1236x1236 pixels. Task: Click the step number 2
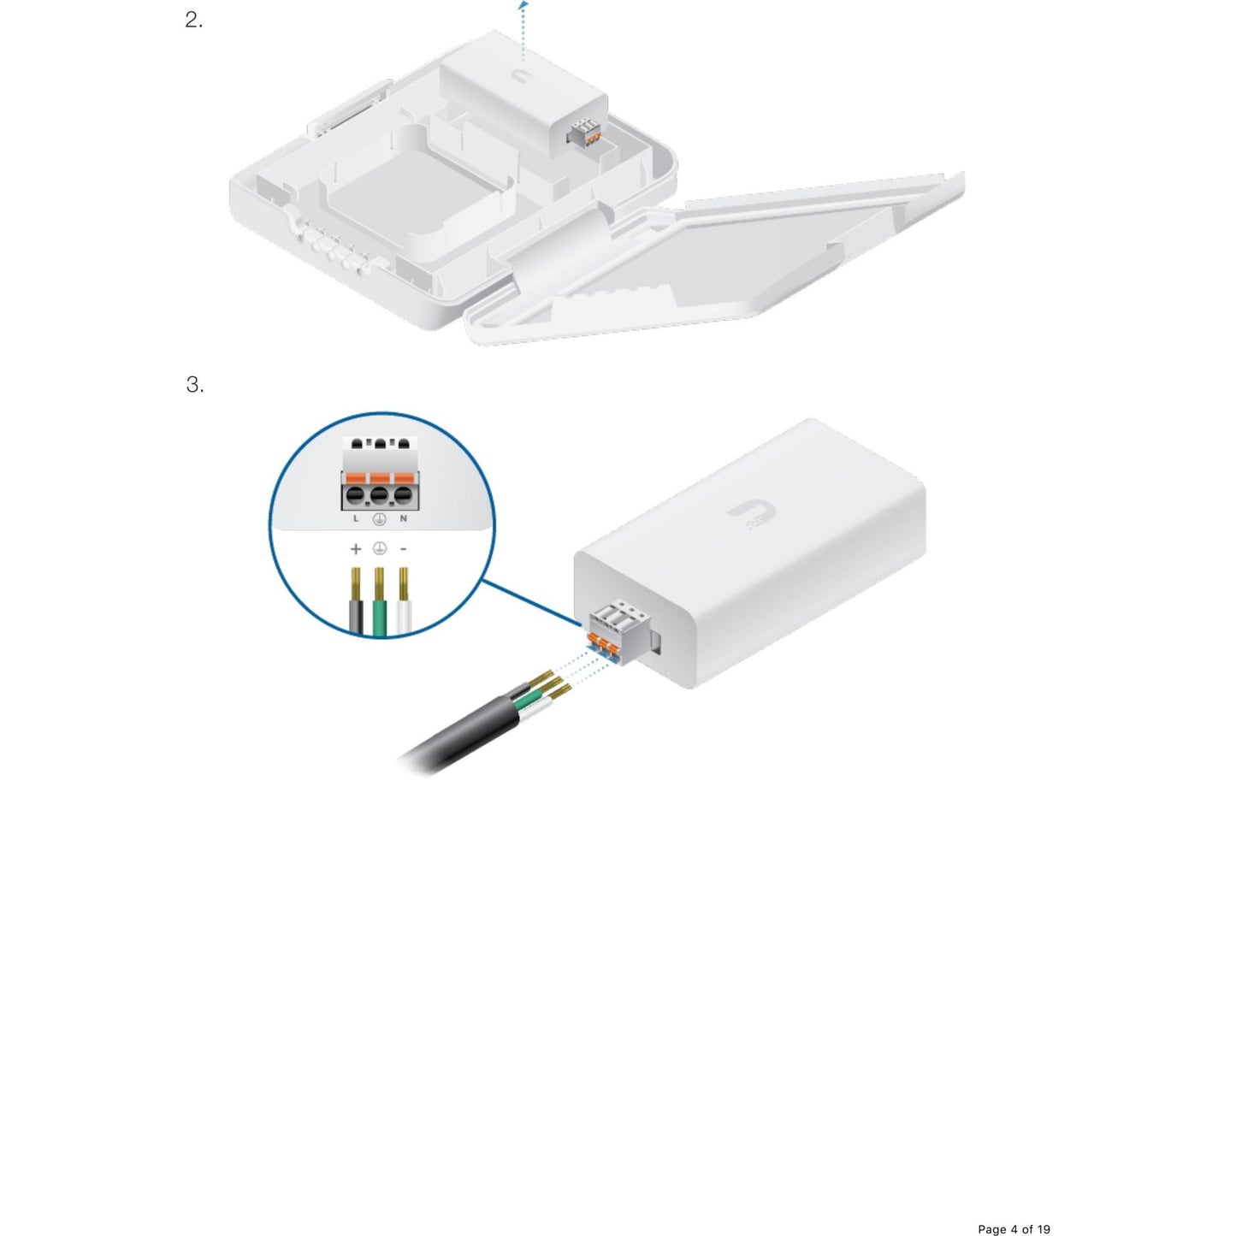(193, 21)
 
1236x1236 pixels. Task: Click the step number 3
(194, 385)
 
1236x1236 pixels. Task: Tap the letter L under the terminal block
(356, 518)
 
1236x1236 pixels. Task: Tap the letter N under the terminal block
(403, 518)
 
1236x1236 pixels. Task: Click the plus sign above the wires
(356, 549)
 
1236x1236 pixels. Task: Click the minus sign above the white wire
(404, 549)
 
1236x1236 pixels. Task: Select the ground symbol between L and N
(379, 518)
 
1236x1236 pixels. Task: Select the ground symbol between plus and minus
(380, 548)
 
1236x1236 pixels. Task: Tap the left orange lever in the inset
(355, 478)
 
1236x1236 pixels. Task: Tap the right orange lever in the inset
(403, 478)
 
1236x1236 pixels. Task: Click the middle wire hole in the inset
(379, 496)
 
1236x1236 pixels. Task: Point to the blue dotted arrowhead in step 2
(523, 5)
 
